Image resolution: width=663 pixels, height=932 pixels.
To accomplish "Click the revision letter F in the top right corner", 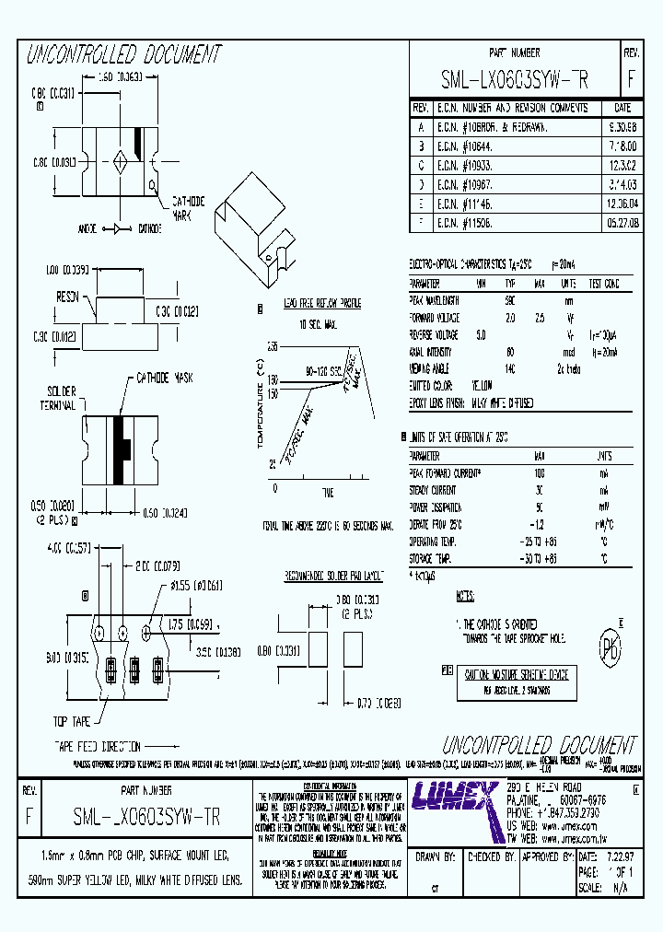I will coord(631,80).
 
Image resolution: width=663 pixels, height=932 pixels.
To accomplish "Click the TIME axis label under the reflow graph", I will coord(327,495).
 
